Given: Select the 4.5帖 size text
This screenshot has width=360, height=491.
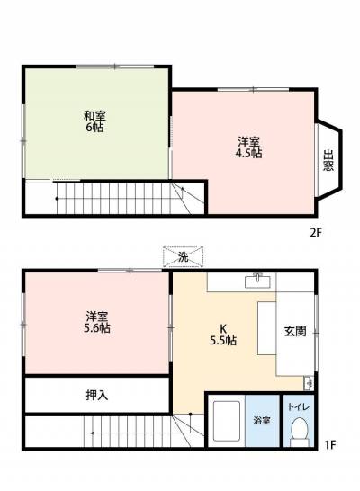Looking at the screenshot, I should click(x=250, y=153).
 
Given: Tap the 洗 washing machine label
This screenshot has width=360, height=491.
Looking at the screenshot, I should click(x=183, y=257).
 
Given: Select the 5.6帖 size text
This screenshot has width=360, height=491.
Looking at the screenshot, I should click(x=97, y=329).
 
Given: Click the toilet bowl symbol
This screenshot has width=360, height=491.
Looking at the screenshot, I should click(x=296, y=433).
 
